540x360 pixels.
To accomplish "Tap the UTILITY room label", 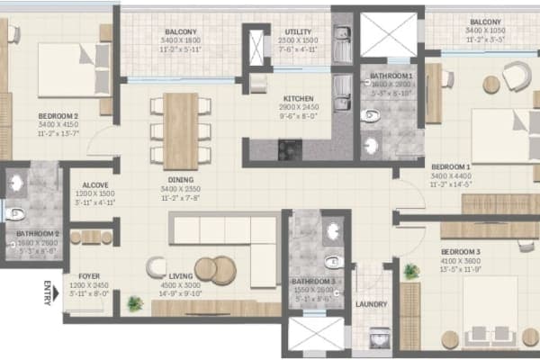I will click(298, 32).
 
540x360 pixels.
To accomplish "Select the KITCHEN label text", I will click(298, 98).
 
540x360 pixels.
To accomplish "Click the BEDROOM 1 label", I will click(451, 167).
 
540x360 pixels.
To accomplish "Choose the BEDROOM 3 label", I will click(460, 251).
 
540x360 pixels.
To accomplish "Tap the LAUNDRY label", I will click(371, 304).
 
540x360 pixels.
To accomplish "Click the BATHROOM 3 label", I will click(312, 282).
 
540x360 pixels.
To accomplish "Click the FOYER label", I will click(89, 276).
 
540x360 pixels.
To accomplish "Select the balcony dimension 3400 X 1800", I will click(181, 40).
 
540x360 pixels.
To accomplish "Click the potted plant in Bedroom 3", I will click(411, 270).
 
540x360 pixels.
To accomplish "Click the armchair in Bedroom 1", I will click(517, 76).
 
